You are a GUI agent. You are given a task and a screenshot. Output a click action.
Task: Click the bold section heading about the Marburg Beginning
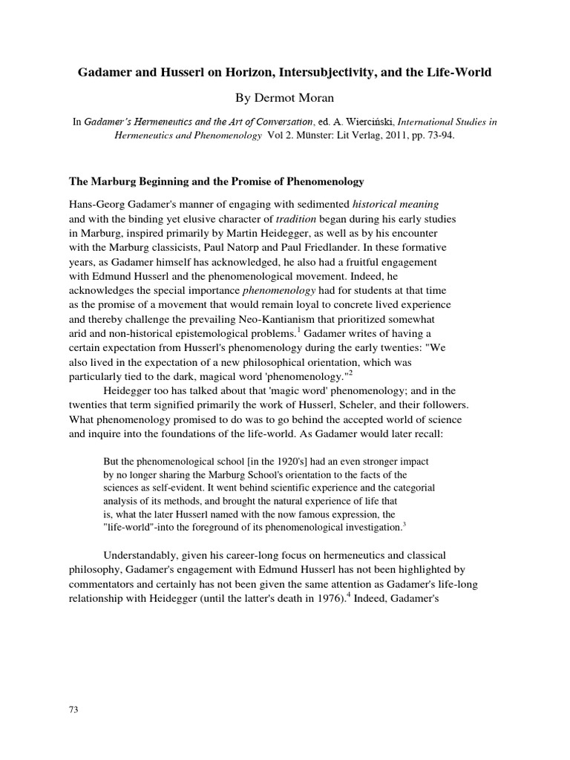[x=215, y=182]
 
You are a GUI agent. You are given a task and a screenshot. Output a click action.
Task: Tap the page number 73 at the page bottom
[x=73, y=710]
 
